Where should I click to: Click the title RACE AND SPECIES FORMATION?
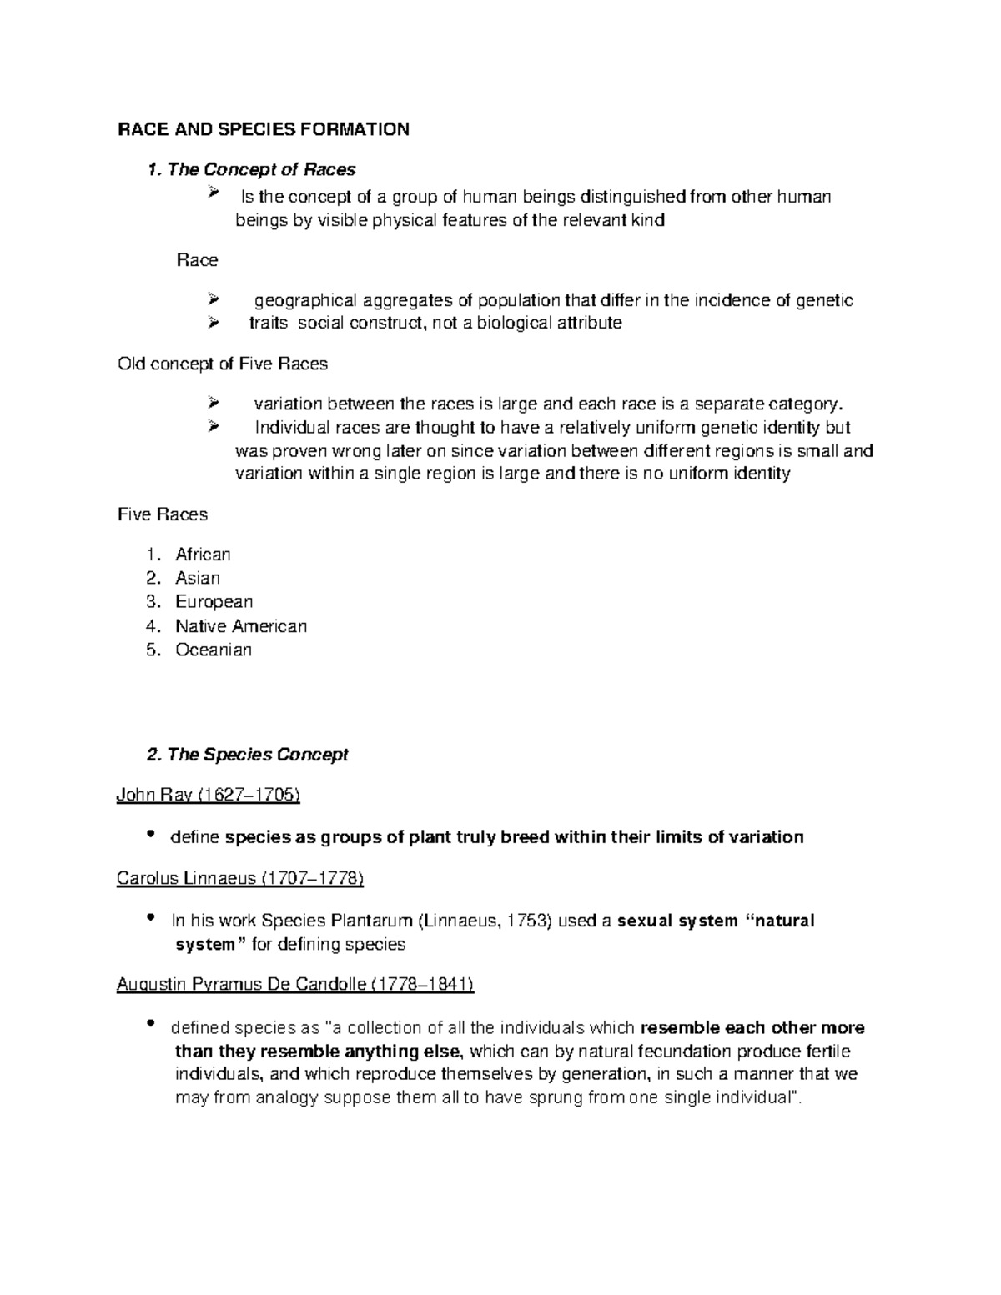point(263,129)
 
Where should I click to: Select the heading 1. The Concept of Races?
point(251,169)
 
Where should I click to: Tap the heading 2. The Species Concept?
point(247,755)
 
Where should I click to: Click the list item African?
point(203,555)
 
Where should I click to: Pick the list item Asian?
point(198,578)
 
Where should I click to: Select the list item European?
point(214,601)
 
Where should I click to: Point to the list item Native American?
point(241,625)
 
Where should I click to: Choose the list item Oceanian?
point(213,650)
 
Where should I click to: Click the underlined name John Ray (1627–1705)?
point(208,795)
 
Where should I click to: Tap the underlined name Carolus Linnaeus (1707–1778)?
point(240,878)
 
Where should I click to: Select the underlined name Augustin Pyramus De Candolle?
point(295,985)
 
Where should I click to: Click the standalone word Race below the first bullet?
point(197,260)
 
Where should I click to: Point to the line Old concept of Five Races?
point(223,364)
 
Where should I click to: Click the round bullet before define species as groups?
point(151,835)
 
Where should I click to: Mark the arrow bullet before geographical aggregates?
point(214,299)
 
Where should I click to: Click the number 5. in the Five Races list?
point(152,650)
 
